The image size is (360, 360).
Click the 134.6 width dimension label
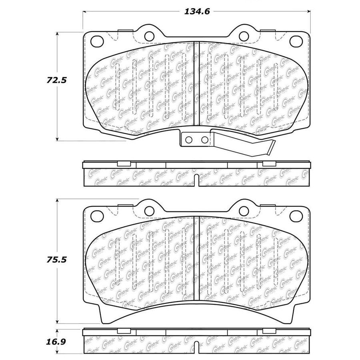(x=197, y=12)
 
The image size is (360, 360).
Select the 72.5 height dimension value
(x=56, y=80)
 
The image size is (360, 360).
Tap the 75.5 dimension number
(x=56, y=260)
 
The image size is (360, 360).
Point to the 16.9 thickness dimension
(x=56, y=342)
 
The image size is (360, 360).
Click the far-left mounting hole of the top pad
(x=97, y=41)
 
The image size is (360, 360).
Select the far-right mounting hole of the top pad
(x=296, y=41)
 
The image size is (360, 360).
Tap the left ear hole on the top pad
(x=149, y=36)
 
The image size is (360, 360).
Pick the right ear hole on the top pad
(x=244, y=36)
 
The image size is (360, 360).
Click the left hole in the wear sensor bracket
(x=189, y=140)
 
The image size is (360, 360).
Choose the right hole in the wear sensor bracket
(x=204, y=140)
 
